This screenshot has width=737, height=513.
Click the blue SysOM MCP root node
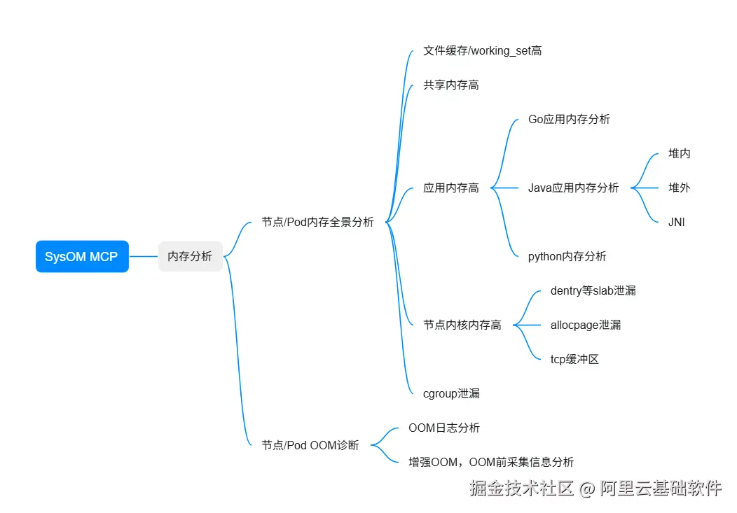[x=82, y=257]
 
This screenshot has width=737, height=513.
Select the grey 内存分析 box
[x=190, y=256]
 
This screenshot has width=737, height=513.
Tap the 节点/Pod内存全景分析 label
[x=317, y=222]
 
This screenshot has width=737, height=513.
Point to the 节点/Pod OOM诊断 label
[x=310, y=445]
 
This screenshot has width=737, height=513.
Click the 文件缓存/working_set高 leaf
[x=482, y=50]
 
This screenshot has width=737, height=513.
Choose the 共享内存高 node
[x=451, y=85]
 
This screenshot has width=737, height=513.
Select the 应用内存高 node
[x=451, y=188]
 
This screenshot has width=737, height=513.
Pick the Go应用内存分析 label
[x=569, y=119]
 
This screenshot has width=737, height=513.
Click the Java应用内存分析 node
[x=573, y=188]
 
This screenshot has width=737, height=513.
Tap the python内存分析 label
[x=567, y=256]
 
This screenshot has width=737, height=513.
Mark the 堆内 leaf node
[x=680, y=153]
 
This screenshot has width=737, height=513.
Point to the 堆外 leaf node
[x=680, y=188]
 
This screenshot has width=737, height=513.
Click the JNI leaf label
[x=677, y=222]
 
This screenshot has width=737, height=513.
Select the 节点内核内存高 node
[x=462, y=325]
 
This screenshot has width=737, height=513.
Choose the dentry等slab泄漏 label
[x=593, y=290]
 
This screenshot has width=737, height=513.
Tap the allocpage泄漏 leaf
[x=586, y=325]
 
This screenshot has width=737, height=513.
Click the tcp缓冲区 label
[x=574, y=359]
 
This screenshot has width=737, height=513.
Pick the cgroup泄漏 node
[x=451, y=393]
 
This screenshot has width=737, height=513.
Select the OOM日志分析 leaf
[x=444, y=428]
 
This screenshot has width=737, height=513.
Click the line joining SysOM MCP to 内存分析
[x=144, y=257]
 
